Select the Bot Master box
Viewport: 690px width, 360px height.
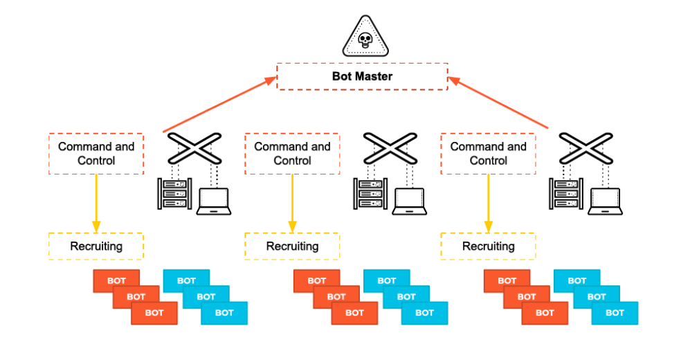362,76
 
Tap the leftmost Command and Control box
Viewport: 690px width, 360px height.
96,153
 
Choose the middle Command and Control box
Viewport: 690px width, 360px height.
292,153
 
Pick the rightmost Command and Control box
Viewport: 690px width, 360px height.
488,153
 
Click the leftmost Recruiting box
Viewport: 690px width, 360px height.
96,246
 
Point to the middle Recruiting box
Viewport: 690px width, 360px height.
292,246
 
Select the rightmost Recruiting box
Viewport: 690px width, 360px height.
488,246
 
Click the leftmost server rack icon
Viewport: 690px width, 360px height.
173,195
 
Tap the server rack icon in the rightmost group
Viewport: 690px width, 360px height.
565,195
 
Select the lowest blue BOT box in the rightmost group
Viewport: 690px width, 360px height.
615,313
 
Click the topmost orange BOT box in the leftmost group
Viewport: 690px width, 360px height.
117,280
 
